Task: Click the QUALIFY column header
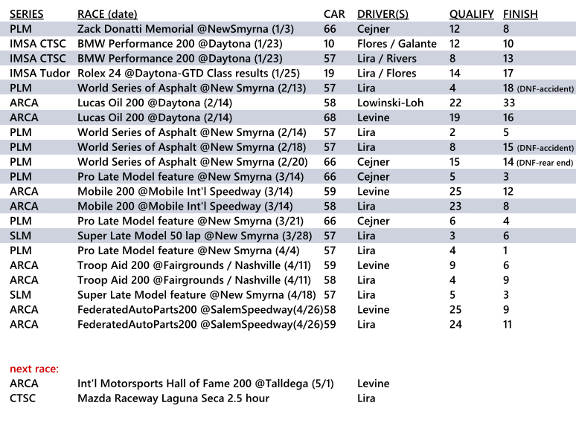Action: click(471, 14)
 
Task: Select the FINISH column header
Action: click(520, 14)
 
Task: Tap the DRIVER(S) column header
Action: click(387, 14)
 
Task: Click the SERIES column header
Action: click(27, 14)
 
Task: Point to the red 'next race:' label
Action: click(34, 369)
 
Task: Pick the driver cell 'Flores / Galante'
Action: click(397, 44)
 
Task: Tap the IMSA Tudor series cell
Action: click(40, 73)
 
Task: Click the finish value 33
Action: click(510, 103)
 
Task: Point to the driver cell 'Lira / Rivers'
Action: click(387, 58)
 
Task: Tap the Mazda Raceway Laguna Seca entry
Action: click(173, 398)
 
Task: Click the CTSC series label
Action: click(23, 398)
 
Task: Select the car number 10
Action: click(329, 44)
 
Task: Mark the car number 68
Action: click(330, 117)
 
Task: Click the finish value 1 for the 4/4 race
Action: click(506, 251)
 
